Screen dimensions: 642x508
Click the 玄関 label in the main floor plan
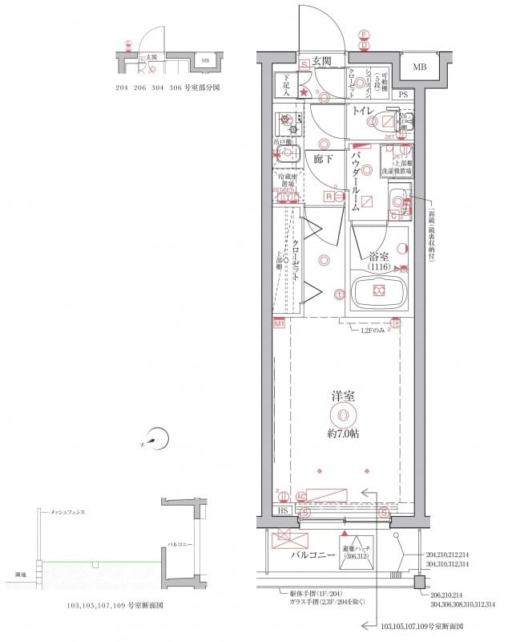322,61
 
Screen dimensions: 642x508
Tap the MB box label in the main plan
420,66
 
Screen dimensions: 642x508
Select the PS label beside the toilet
403,95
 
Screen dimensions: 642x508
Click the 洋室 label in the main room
343,396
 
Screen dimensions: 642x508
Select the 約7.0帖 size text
343,433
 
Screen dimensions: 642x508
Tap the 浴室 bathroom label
379,256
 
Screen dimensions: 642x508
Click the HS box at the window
283,510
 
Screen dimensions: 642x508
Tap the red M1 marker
280,323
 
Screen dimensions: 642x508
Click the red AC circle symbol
300,497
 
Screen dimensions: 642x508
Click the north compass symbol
157,439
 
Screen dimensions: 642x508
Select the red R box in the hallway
329,195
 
